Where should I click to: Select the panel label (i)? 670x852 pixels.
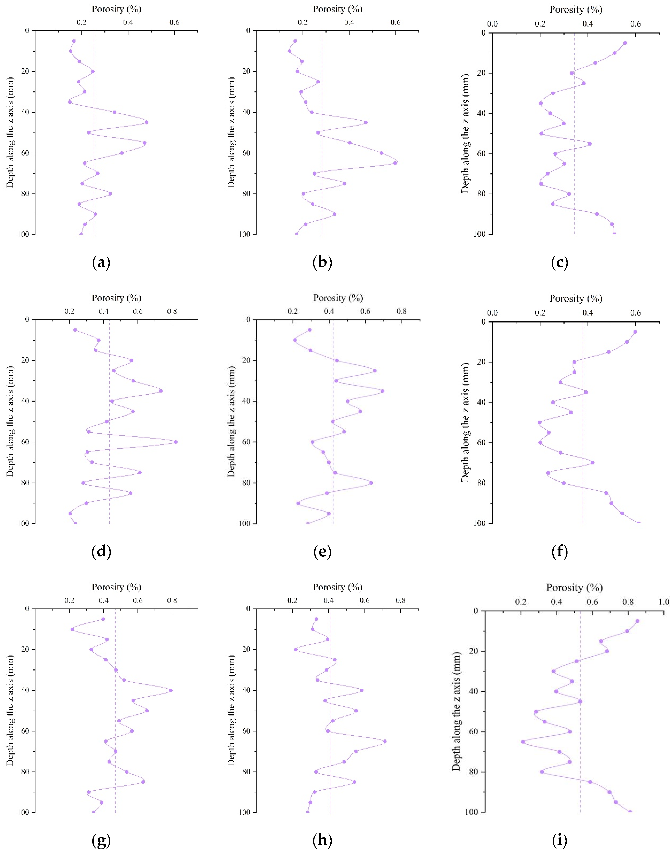[x=559, y=840]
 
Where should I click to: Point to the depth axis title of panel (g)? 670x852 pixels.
[x=10, y=710]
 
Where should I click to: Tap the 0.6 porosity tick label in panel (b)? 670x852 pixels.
[x=395, y=22]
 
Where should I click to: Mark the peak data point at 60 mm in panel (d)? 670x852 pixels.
[x=175, y=442]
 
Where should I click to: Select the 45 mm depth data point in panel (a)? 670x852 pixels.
[x=146, y=122]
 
